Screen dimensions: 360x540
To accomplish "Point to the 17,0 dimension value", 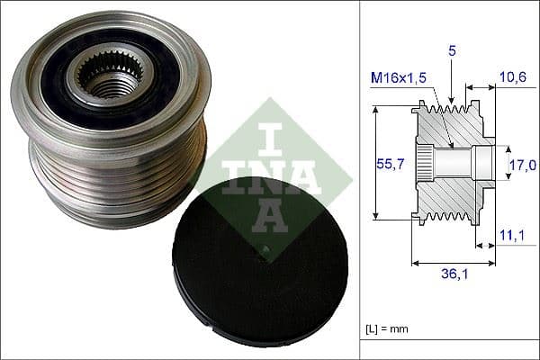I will [x=522, y=164].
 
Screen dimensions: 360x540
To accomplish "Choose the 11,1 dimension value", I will [x=513, y=236].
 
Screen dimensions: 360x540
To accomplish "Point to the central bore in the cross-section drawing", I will [x=459, y=163].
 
